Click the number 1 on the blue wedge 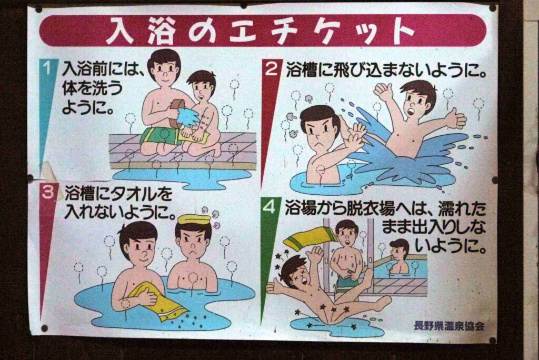47,67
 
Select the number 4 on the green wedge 269,206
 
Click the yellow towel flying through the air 308,238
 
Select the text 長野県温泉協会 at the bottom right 450,325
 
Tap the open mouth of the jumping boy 411,112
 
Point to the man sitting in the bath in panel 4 400,257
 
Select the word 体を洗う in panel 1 92,89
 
